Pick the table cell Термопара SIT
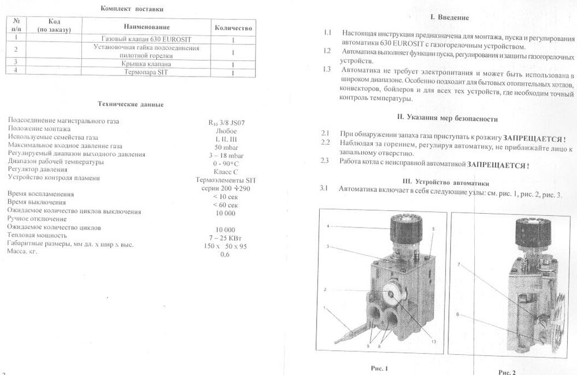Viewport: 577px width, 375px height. click(149, 73)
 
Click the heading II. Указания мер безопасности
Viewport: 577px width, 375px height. click(448, 119)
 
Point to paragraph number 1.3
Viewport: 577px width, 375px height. click(327, 70)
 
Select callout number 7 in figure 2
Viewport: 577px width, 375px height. click(459, 264)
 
